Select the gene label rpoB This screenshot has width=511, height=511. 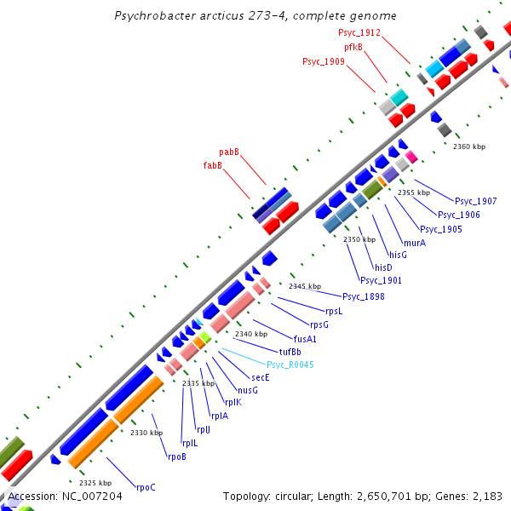pos(176,456)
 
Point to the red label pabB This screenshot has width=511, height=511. pos(229,152)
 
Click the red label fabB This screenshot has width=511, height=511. pos(212,165)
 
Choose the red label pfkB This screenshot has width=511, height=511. pos(353,47)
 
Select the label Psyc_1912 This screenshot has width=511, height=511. pos(359,32)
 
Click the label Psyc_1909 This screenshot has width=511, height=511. pos(324,61)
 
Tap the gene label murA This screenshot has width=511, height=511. pos(415,243)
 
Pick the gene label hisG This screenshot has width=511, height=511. pos(398,255)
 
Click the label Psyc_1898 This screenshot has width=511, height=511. pos(364,296)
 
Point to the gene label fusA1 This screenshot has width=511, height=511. pos(305,338)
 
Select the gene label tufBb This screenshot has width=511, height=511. pos(290,351)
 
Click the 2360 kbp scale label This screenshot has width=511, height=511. pos(468,146)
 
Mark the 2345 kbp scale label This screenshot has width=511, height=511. pos(305,286)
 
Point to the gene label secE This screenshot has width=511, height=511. pos(260,376)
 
